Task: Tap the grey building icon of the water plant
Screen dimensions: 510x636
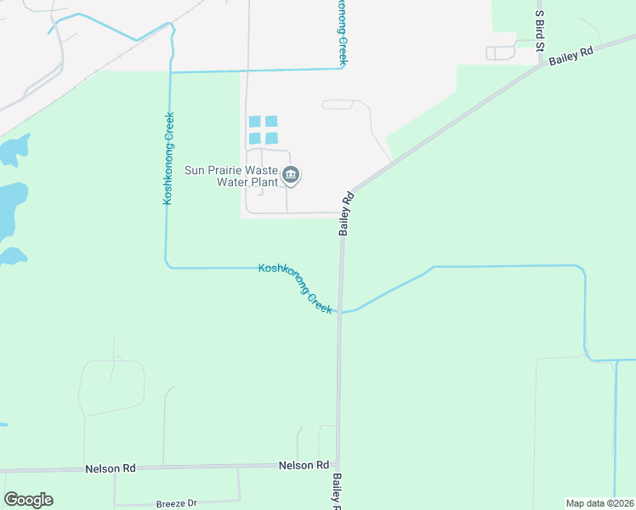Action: click(x=292, y=176)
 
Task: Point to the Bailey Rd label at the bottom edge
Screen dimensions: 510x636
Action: click(x=337, y=492)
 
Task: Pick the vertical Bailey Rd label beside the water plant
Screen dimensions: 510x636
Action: click(x=346, y=214)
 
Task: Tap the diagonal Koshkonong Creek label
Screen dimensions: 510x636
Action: click(x=295, y=288)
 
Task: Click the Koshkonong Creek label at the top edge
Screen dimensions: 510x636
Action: click(x=344, y=32)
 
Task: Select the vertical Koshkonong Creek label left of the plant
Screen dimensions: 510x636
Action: click(x=168, y=157)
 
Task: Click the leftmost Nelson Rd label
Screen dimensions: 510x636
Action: click(x=111, y=469)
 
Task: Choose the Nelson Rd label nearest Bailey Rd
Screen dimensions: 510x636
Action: click(x=304, y=465)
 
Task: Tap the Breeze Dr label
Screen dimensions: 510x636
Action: click(x=177, y=503)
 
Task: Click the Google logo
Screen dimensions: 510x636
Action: click(x=28, y=500)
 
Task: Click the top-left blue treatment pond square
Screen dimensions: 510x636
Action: click(x=255, y=122)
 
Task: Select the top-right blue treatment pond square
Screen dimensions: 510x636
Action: click(x=271, y=122)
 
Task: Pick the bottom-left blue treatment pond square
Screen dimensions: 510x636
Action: click(x=255, y=138)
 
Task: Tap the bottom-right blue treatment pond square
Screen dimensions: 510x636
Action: click(x=271, y=138)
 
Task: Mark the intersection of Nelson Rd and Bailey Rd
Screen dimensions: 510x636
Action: click(x=338, y=466)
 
